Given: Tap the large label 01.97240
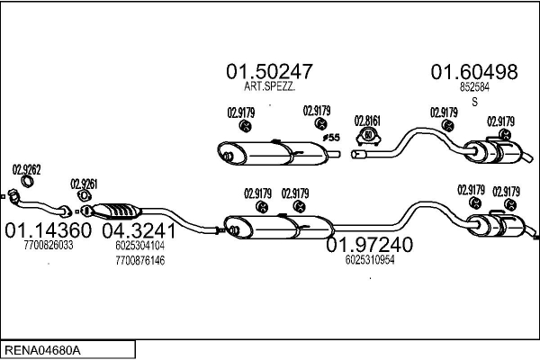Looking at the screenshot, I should click(x=369, y=245).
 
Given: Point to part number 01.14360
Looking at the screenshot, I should click(x=51, y=230).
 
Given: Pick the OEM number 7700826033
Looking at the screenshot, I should click(x=51, y=245).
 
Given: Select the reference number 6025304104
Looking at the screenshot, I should click(x=139, y=245).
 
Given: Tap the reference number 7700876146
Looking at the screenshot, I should click(x=139, y=260).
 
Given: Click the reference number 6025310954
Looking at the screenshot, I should click(x=369, y=260).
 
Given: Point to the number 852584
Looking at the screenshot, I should click(x=473, y=87).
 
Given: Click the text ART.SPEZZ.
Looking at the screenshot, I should click(x=269, y=87).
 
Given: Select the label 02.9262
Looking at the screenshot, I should click(x=26, y=168).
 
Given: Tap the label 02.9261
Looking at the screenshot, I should click(x=83, y=183).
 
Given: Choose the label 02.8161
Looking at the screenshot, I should click(x=367, y=120).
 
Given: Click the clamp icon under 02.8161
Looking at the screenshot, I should click(x=367, y=137).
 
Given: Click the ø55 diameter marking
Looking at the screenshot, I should click(x=331, y=138).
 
